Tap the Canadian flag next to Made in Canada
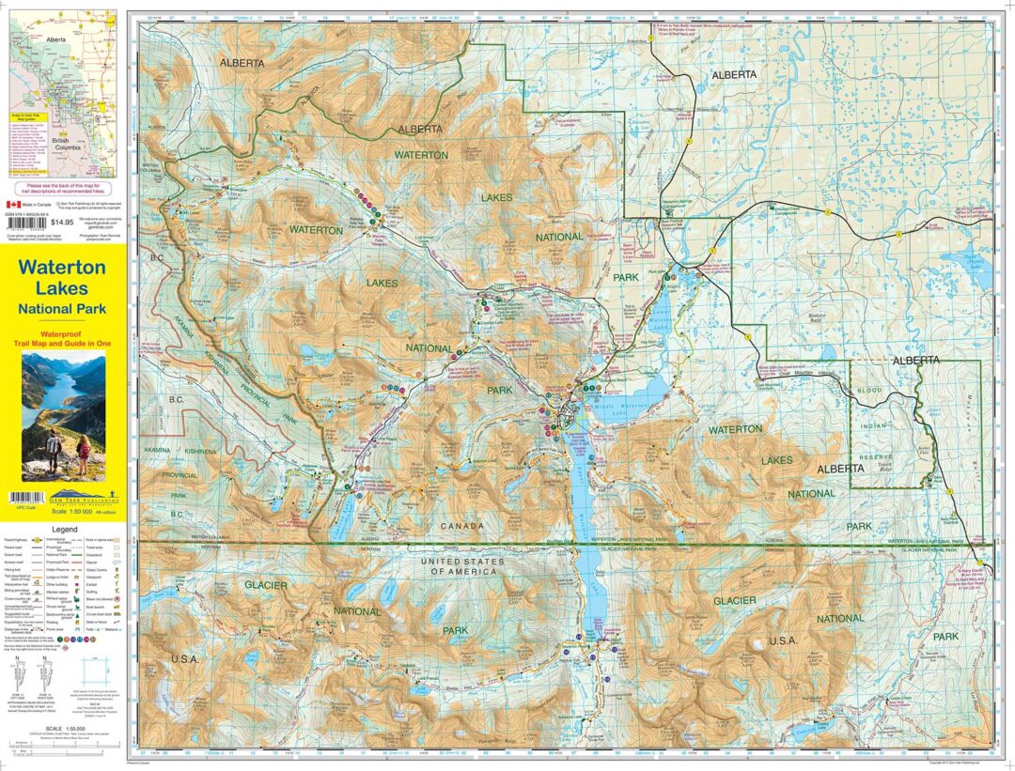click(x=13, y=203)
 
